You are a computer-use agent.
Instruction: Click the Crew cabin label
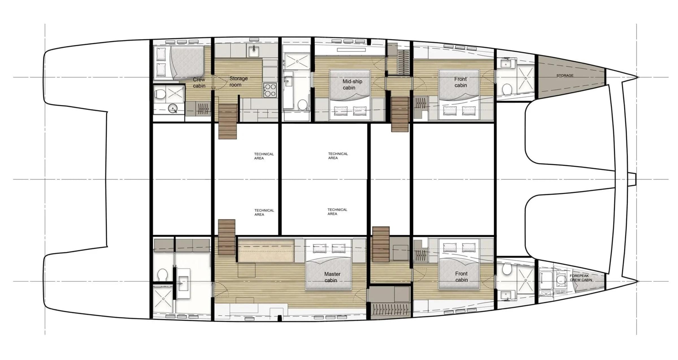point(199,83)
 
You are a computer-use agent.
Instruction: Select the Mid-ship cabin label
point(352,84)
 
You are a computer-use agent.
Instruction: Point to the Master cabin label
point(332,277)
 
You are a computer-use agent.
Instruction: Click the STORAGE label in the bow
point(565,75)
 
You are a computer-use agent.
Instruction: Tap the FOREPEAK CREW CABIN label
point(581,278)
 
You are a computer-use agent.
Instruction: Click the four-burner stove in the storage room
point(270,90)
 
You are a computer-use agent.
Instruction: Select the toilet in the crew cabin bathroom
point(160,94)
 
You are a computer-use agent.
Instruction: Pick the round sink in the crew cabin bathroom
point(172,108)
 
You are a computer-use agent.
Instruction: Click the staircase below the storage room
point(228,121)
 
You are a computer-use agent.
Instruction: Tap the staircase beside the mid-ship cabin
point(400,114)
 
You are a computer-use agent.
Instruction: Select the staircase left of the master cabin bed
point(227,237)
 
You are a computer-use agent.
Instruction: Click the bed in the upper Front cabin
point(459,94)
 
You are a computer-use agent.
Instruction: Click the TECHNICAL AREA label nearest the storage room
point(264,156)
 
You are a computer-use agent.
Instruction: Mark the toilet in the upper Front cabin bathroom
point(507,89)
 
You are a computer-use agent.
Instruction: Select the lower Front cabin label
point(461,277)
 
